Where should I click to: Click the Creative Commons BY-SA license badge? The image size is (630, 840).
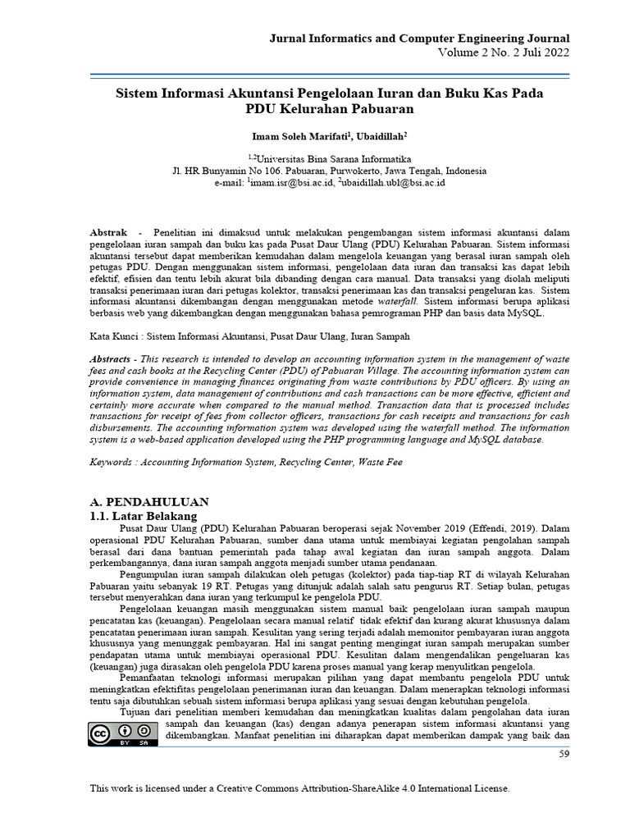(122, 733)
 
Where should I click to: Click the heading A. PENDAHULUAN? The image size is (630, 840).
(148, 501)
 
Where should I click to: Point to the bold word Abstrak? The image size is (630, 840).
(108, 234)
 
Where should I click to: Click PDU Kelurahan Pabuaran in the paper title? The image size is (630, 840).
(328, 108)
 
